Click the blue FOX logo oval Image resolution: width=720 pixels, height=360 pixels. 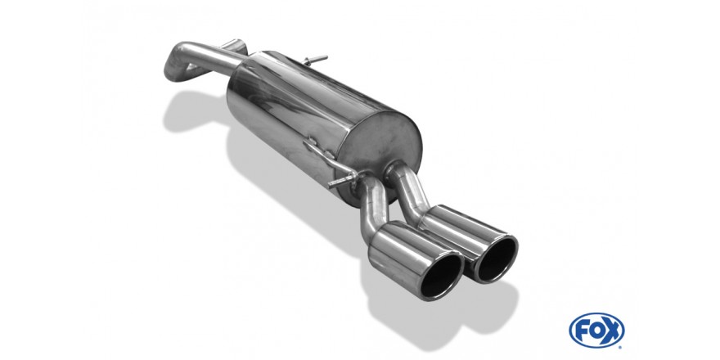[x=596, y=330]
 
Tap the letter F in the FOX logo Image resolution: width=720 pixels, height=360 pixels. [x=582, y=330]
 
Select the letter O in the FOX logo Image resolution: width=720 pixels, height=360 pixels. [x=596, y=330]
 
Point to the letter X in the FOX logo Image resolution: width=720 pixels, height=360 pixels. [x=613, y=330]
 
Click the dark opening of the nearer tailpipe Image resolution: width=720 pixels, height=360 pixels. [x=441, y=277]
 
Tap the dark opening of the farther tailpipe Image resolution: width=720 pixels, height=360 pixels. [x=497, y=259]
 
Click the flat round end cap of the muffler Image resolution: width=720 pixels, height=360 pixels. [x=385, y=142]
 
